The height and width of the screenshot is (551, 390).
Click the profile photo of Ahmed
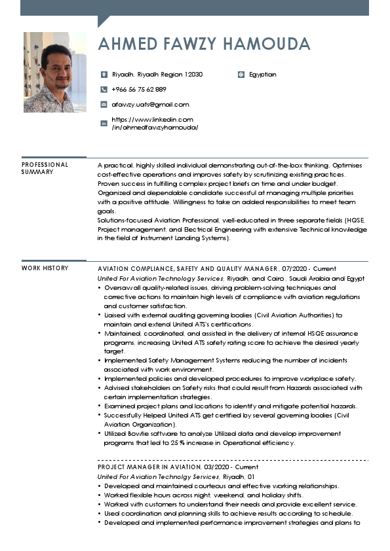(54, 72)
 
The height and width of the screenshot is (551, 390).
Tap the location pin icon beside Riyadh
(104, 75)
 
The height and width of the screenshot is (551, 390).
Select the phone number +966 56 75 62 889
(139, 90)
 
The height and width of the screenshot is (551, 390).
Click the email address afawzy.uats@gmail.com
(150, 105)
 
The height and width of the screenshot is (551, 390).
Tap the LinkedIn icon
(104, 124)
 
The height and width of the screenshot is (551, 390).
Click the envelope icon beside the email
(104, 105)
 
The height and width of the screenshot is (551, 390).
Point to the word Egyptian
(263, 75)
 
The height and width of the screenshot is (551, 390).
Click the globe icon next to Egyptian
(241, 75)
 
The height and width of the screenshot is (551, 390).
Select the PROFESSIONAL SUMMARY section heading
(45, 168)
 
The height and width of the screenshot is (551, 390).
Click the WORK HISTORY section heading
(45, 268)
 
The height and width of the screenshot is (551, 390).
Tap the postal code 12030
(193, 75)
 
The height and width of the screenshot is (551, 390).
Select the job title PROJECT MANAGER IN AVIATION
(149, 467)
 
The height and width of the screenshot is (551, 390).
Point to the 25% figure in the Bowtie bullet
(178, 442)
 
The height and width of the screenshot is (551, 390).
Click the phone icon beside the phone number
(104, 90)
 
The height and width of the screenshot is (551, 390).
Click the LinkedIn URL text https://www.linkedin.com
(153, 120)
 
